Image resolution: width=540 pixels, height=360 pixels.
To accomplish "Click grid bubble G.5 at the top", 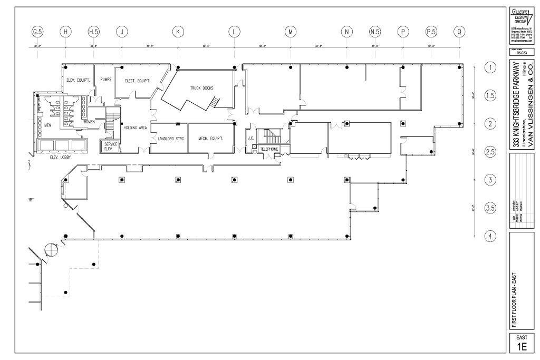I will [37, 32].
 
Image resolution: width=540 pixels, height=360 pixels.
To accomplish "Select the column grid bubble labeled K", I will [178, 32].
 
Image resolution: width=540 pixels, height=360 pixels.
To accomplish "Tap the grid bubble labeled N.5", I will [375, 32].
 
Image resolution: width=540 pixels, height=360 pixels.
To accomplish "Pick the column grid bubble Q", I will [460, 32].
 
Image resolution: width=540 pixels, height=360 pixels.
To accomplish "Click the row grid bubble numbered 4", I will [490, 236].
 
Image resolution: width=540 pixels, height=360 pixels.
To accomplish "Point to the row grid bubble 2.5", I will [490, 152].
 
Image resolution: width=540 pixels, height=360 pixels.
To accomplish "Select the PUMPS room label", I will [105, 80].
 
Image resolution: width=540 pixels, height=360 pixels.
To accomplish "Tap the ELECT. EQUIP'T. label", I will [137, 81].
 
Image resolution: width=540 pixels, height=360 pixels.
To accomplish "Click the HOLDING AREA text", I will [135, 128].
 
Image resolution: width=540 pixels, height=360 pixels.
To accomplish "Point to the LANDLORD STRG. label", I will [169, 139].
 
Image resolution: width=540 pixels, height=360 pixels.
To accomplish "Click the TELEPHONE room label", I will [269, 149].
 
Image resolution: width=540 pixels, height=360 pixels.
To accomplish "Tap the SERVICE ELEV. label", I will [110, 146].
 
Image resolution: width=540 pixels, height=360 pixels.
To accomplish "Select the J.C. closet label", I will [251, 138].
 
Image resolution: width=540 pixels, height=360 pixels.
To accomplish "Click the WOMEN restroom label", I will [89, 122].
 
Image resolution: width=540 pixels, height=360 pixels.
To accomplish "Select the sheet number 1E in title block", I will [521, 346].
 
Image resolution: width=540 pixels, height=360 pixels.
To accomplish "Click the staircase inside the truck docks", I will [214, 102].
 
